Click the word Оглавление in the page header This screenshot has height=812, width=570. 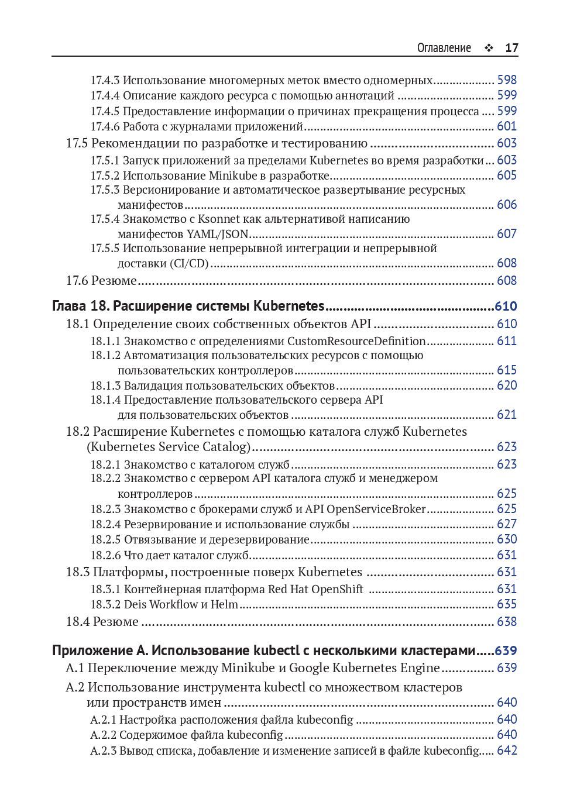444,48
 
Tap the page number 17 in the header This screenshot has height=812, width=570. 511,48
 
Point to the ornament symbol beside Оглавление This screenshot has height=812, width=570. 488,49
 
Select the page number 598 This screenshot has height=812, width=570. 507,80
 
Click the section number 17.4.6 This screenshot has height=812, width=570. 105,126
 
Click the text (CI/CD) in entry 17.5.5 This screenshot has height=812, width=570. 190,263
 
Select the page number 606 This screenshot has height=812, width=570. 507,205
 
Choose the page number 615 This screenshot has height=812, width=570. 507,370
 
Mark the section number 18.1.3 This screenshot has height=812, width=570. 105,386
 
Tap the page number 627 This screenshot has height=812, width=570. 507,524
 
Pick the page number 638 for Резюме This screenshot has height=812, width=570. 507,622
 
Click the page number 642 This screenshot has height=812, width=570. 507,751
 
